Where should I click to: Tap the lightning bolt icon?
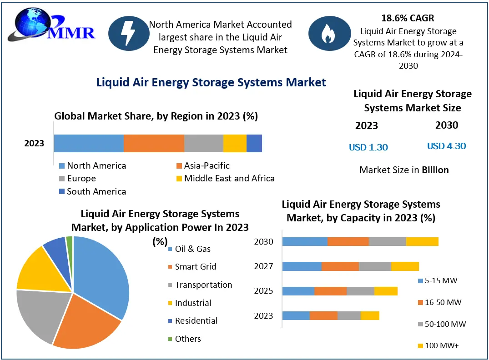pyautogui.click(x=127, y=33)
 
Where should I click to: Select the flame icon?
pyautogui.click(x=326, y=33)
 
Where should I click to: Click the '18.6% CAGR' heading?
pyautogui.click(x=408, y=18)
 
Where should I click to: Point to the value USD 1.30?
pyautogui.click(x=368, y=147)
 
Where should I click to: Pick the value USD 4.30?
pyautogui.click(x=446, y=146)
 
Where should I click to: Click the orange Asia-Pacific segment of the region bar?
pyautogui.click(x=154, y=143)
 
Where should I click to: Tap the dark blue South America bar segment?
pyautogui.click(x=254, y=143)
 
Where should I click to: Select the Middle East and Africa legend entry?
pyautogui.click(x=225, y=178)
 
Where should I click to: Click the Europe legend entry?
pyautogui.click(x=77, y=178)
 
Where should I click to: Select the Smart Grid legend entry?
pyautogui.click(x=192, y=267)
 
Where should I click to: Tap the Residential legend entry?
pyautogui.click(x=192, y=320)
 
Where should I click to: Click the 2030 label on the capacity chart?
pyautogui.click(x=264, y=241)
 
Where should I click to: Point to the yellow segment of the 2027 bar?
pyautogui.click(x=405, y=266)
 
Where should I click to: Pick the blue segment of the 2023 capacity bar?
pyautogui.click(x=296, y=315)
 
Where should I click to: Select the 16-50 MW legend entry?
pyautogui.click(x=439, y=302)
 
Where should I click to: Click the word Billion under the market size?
pyautogui.click(x=435, y=170)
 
